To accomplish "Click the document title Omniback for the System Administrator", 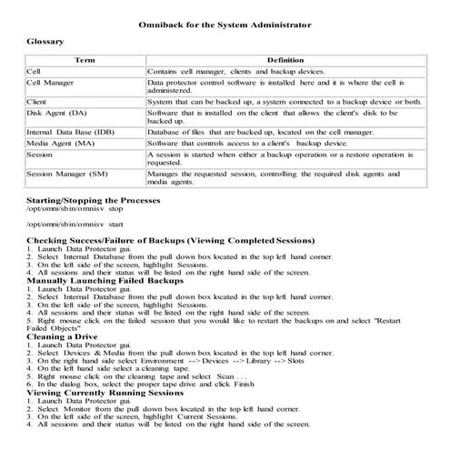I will coord(225,25).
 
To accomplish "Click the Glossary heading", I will coord(45,42).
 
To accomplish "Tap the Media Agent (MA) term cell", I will coord(61,144).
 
